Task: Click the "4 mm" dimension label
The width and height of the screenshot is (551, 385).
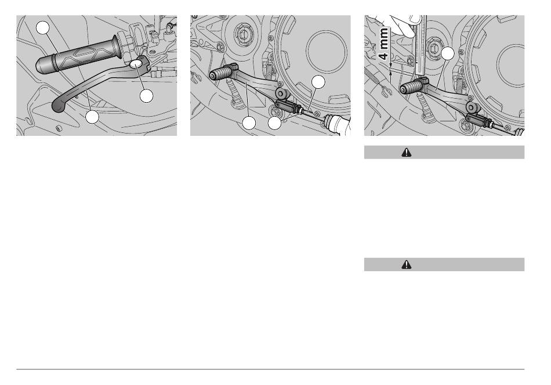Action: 384,43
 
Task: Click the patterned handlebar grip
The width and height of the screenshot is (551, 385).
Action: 79,56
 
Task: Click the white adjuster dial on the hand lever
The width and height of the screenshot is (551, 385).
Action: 136,64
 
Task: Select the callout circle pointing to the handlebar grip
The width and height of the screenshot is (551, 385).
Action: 43,27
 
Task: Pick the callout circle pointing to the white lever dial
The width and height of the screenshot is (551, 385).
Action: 146,96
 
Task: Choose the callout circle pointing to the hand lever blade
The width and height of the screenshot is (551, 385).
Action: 92,117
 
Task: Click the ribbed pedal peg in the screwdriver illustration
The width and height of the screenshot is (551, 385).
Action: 220,74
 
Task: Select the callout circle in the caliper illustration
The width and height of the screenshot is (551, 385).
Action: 447,53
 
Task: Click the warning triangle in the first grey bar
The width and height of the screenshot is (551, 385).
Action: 407,152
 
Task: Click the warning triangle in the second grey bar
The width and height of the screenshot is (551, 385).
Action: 407,265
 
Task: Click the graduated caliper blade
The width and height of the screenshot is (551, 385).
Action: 420,45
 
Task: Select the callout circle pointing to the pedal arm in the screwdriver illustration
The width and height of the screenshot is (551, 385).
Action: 249,123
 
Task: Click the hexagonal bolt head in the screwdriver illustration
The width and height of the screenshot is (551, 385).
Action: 244,34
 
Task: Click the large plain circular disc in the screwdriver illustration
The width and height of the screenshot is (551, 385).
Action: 326,52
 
